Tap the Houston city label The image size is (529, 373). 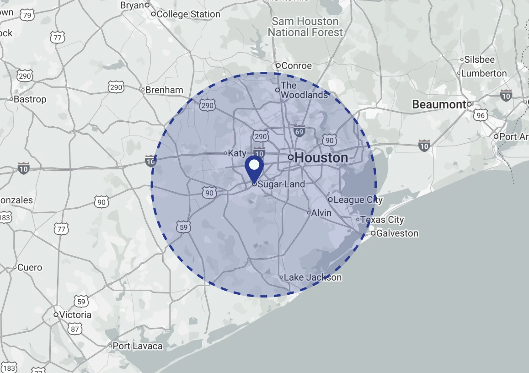[x=321, y=158]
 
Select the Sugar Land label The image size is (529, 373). [x=281, y=184]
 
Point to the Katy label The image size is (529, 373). [x=237, y=153]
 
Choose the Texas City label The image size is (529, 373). [x=382, y=220]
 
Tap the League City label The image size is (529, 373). [x=358, y=200]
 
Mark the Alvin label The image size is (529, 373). [x=321, y=213]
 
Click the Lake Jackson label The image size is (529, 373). [x=312, y=277]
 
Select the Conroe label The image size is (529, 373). [x=296, y=66]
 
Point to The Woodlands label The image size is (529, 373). [x=304, y=90]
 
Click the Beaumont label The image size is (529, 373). [x=439, y=104]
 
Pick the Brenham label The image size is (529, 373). [x=164, y=90]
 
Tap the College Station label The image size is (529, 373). [x=188, y=14]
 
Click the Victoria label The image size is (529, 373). [x=75, y=315]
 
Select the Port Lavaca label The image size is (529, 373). [x=137, y=346]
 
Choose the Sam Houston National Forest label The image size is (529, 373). [x=305, y=27]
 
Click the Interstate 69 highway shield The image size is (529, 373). [x=299, y=131]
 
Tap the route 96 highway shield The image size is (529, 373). [x=480, y=115]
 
